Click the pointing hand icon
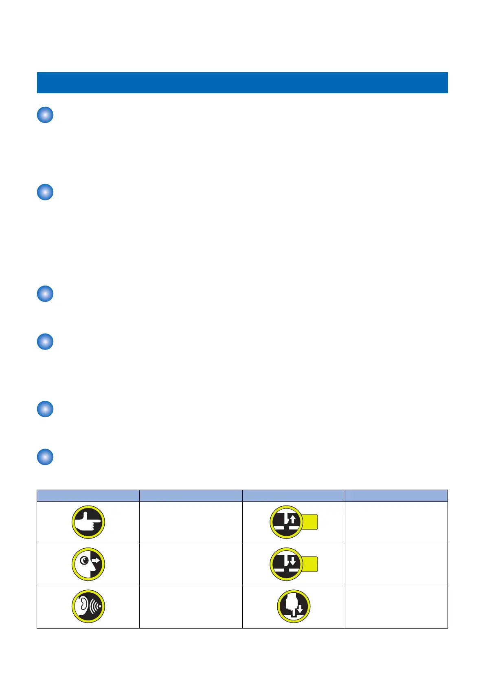click(x=88, y=522)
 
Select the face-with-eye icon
click(x=88, y=565)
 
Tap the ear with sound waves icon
click(x=88, y=607)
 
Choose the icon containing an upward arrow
click(x=287, y=522)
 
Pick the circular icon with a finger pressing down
click(x=294, y=607)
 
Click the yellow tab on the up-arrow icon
click(x=310, y=522)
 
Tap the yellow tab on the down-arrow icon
click(x=310, y=564)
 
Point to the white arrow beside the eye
click(x=96, y=561)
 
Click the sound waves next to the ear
click(x=96, y=606)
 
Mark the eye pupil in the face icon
click(x=84, y=561)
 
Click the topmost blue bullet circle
click(x=45, y=115)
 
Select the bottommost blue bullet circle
click(x=45, y=457)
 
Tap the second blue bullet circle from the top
click(x=45, y=192)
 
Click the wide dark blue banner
click(x=242, y=83)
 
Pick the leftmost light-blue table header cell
click(x=88, y=495)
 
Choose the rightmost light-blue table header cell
click(x=396, y=495)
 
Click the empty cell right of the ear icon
click(x=191, y=607)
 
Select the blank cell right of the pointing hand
click(x=191, y=523)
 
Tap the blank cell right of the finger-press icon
click(x=396, y=607)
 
